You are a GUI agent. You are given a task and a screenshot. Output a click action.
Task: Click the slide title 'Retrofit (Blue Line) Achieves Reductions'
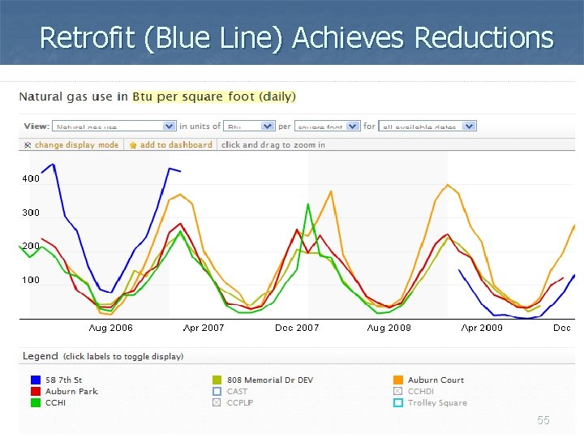point(296,37)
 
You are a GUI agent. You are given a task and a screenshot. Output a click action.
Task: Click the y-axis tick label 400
point(30,178)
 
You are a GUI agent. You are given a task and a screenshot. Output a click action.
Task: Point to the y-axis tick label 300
point(30,213)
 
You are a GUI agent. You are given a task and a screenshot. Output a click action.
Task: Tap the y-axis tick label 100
point(30,280)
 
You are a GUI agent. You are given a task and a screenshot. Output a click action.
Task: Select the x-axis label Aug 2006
point(110,328)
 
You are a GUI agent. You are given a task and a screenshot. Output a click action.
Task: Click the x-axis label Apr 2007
point(203,328)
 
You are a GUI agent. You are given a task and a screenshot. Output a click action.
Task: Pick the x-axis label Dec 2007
point(297,328)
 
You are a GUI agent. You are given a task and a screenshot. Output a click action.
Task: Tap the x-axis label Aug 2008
point(389,328)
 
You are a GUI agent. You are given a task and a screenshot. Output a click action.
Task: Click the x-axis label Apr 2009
point(482,328)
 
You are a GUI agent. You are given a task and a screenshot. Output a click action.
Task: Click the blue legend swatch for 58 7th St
point(35,380)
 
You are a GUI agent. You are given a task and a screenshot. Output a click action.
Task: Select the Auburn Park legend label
point(71,391)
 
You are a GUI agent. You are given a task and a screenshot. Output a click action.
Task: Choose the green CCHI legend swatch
point(35,402)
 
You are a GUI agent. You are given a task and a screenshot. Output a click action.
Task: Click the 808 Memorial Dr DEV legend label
point(270,380)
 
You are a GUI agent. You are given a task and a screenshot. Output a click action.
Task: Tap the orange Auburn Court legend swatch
point(398,380)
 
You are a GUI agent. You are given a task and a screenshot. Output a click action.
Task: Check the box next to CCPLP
point(217,402)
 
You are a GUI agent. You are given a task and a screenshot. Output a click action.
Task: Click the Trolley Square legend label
point(437,402)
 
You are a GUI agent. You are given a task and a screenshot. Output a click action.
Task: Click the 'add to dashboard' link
point(176,145)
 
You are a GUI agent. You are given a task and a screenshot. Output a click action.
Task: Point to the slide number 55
point(543,420)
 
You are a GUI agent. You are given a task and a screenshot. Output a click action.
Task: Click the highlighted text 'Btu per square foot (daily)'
point(214,97)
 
